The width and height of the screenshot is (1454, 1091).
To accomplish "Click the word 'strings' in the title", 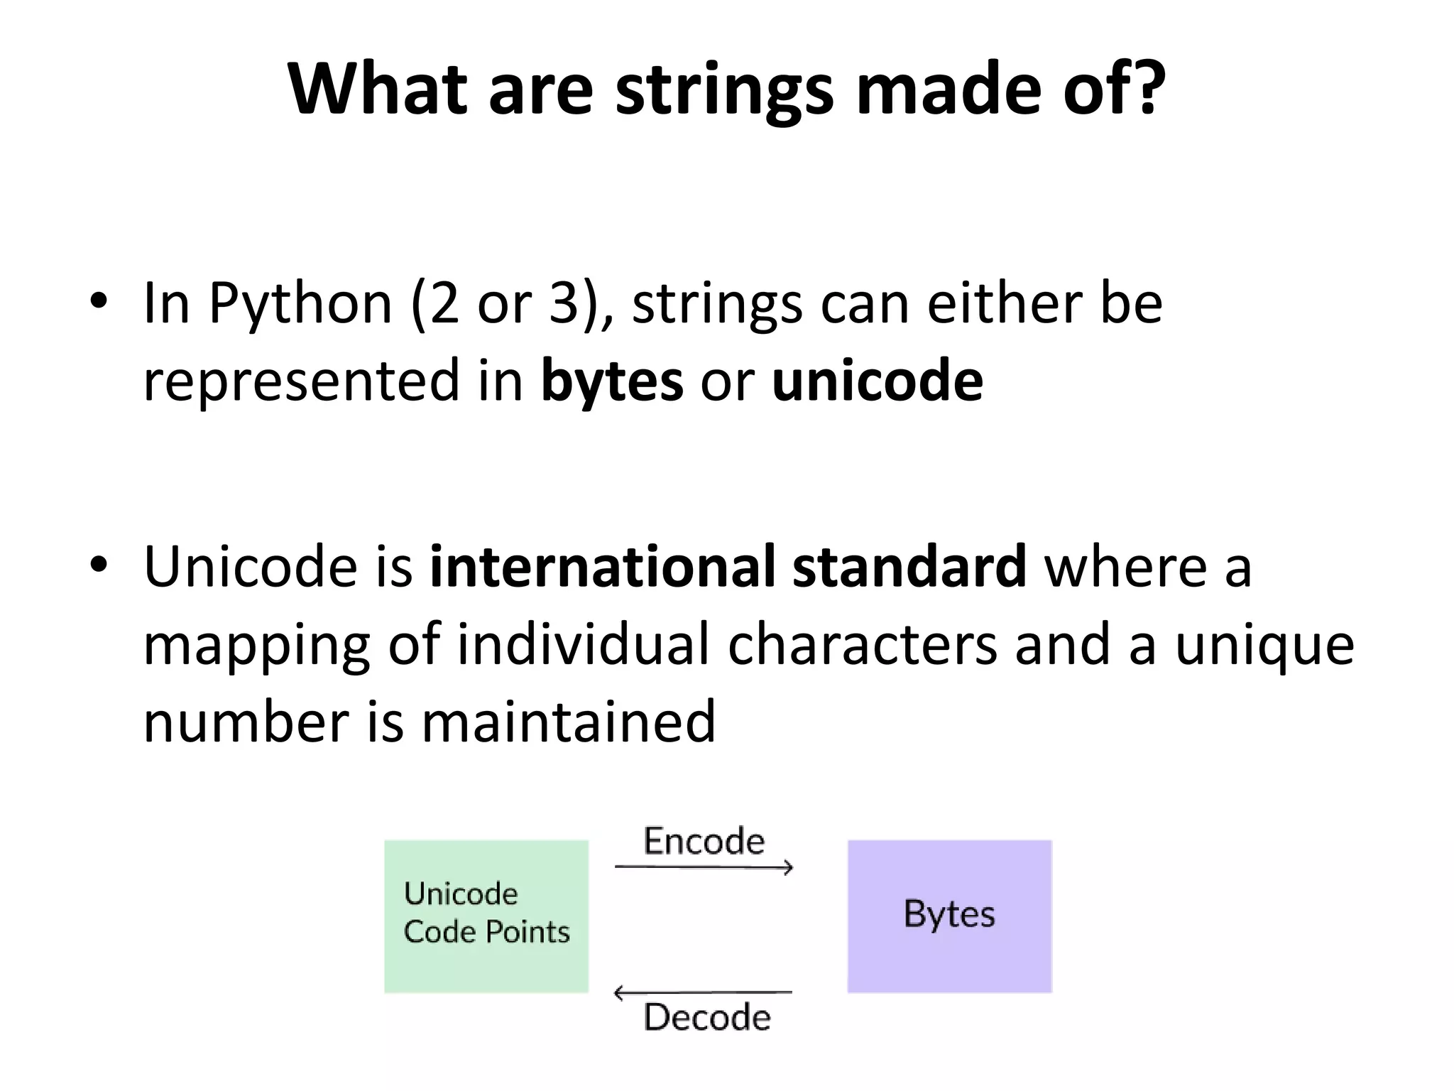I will point(723,90).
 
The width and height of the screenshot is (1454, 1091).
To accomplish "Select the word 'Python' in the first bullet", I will point(300,305).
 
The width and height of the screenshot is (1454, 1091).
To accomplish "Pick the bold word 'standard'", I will point(909,566).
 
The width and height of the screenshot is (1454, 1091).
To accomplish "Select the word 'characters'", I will point(862,644).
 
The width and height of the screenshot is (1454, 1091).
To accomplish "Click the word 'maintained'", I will point(568,722).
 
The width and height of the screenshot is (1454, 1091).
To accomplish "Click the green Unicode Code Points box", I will point(486,916).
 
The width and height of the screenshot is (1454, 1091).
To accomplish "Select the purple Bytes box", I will point(949,916).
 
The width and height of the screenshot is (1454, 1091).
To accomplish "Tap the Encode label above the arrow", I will point(704,841).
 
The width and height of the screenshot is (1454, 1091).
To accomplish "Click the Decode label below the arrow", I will point(706,1017).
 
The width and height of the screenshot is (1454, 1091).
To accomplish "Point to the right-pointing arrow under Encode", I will point(704,867).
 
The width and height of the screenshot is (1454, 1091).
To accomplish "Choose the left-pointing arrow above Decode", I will point(702,992).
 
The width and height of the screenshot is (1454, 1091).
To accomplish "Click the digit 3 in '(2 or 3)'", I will point(564,303).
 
